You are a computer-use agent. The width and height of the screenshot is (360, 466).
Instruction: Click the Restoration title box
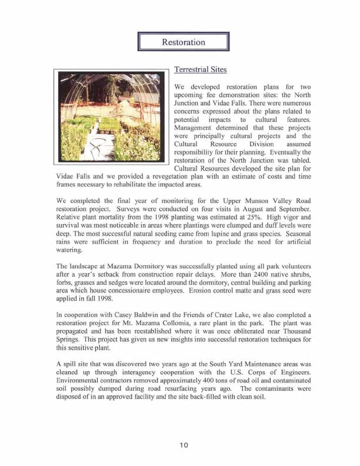(x=183, y=42)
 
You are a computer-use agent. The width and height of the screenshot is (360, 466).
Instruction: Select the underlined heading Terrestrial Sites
(x=200, y=70)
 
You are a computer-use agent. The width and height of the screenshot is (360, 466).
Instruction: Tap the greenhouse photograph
(x=111, y=117)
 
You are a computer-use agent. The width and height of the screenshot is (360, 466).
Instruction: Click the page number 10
(x=183, y=445)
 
